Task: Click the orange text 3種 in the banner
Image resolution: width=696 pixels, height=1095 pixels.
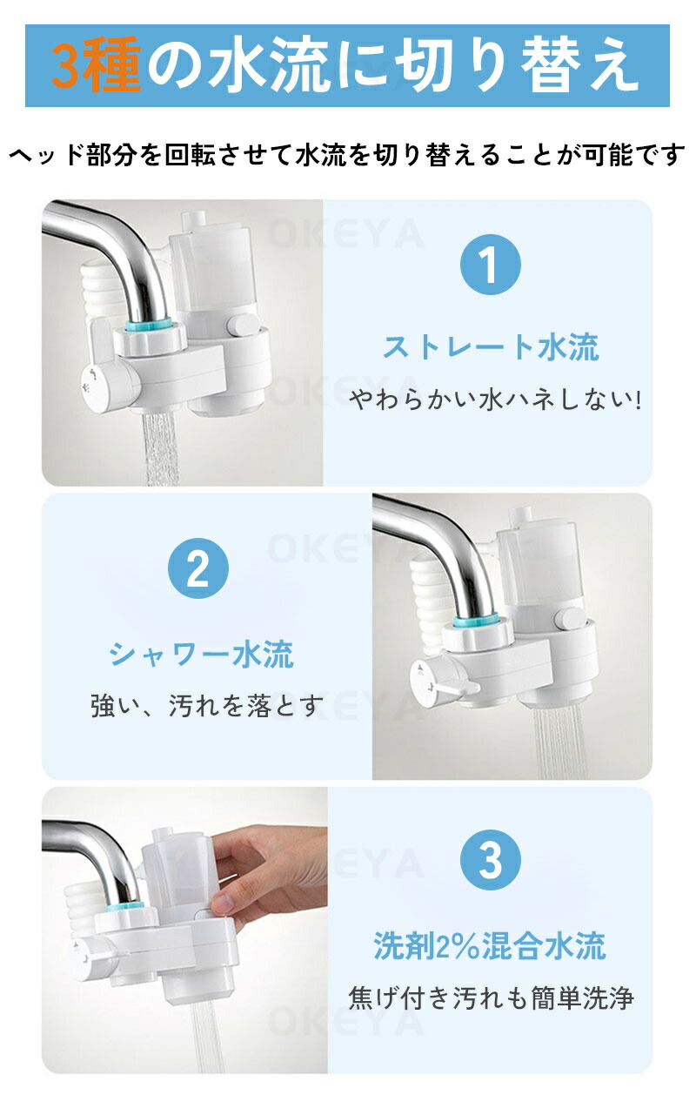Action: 97,65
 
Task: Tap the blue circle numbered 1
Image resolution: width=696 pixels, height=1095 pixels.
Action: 490,264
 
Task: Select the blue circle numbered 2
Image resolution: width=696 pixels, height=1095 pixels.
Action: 198,568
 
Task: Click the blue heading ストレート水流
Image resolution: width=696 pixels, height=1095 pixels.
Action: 491,348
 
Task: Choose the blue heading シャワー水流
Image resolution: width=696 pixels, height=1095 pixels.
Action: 201,654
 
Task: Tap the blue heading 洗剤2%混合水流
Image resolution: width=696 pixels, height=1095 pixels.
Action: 490,946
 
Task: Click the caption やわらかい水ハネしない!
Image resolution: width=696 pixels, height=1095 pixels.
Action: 495,400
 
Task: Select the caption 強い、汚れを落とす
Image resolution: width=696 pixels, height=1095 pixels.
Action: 207,705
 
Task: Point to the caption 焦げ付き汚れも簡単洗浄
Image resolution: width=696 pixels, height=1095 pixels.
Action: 492,998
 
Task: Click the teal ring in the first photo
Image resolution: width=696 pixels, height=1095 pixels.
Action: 149,324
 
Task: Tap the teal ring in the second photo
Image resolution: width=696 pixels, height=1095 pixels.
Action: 476,622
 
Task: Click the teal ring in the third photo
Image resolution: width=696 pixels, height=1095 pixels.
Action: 124,908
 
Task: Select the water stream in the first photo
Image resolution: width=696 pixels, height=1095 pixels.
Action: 161,449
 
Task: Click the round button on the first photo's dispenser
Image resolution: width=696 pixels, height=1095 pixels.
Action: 242,326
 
